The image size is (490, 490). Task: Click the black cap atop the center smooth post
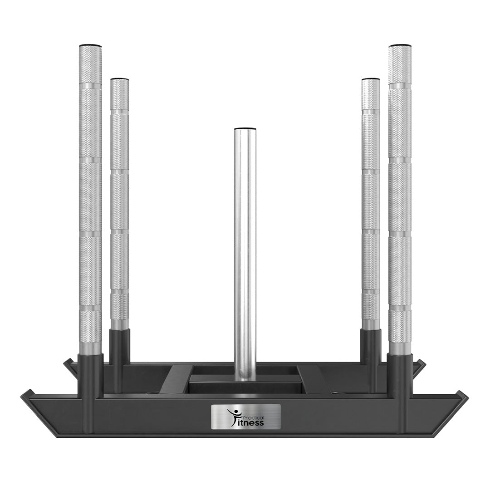[x=245, y=128]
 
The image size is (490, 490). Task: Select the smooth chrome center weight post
[x=245, y=250]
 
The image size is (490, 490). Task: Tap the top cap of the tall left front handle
[x=90, y=46]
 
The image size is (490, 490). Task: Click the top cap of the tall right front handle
[x=400, y=46]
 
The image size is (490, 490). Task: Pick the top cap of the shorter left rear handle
[x=119, y=79]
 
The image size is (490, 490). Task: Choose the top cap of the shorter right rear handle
[x=371, y=79]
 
